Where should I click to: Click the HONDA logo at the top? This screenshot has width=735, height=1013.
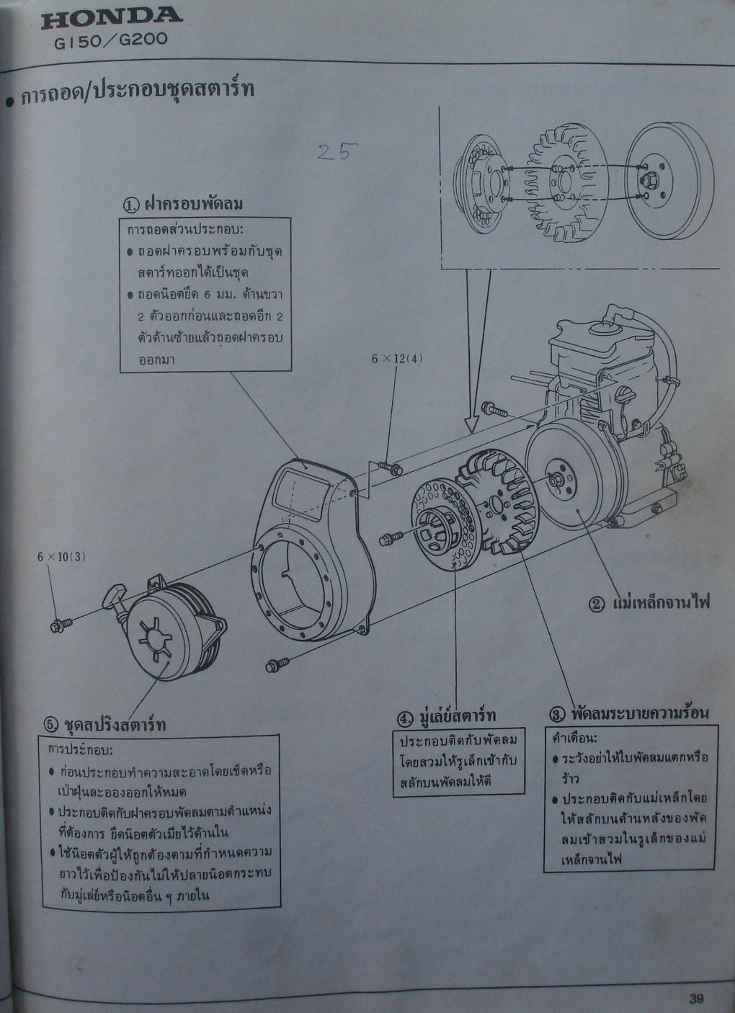(x=112, y=17)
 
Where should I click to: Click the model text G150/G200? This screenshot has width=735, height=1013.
(x=111, y=40)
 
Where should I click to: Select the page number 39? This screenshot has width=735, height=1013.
(x=695, y=998)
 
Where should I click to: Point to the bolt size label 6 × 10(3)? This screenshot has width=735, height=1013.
(x=62, y=556)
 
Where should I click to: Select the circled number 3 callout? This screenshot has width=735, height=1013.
(x=556, y=714)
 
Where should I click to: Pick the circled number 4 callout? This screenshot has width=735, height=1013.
(x=405, y=718)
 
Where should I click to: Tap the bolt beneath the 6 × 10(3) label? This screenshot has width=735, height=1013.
(x=60, y=624)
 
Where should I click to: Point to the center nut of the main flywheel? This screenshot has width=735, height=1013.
(x=557, y=480)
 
